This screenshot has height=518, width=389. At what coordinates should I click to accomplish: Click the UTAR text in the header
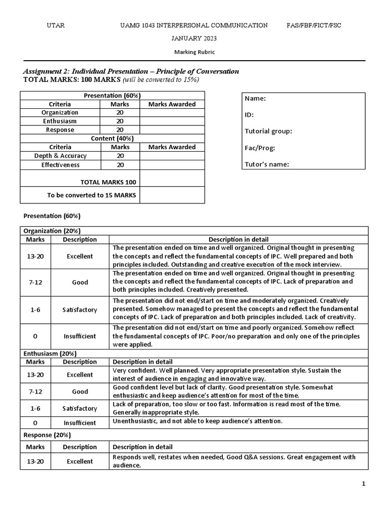click(56, 25)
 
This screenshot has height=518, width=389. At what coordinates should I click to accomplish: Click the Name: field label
click(255, 99)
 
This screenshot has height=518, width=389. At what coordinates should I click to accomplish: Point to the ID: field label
click(249, 115)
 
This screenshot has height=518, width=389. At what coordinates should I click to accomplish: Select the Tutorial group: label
click(268, 132)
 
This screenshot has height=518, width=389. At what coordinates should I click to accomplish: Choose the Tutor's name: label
click(267, 164)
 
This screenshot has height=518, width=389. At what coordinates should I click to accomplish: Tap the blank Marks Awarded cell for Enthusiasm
click(172, 121)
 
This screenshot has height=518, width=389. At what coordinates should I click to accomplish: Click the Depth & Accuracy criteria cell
click(60, 156)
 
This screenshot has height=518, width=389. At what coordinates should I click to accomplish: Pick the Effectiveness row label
click(60, 165)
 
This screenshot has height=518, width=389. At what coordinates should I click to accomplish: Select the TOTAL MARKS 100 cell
click(108, 182)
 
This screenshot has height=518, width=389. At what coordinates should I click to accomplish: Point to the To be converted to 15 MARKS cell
click(92, 195)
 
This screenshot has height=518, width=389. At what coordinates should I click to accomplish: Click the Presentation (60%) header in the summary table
click(112, 96)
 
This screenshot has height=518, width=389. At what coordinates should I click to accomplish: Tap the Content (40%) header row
click(112, 139)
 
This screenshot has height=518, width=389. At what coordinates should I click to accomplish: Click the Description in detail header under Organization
click(239, 239)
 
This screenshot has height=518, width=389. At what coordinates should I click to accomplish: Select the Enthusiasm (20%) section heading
click(50, 353)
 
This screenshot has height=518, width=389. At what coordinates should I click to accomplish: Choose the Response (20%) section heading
click(47, 435)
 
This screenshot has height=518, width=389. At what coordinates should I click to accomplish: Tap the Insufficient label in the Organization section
click(80, 336)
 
